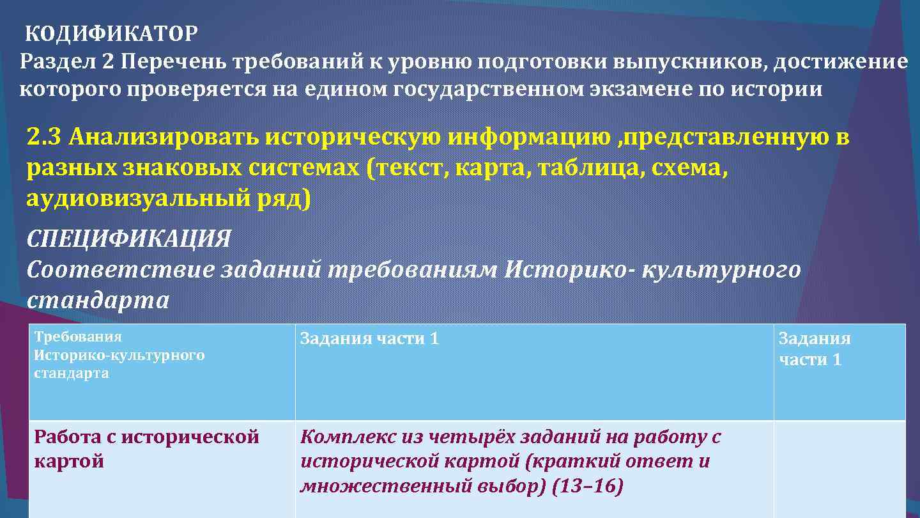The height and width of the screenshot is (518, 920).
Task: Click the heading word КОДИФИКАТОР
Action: [x=112, y=33]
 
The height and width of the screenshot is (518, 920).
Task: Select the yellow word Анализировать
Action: [x=164, y=137]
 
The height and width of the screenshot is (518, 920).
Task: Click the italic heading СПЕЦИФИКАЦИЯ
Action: [x=128, y=239]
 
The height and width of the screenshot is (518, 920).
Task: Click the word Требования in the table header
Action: [x=77, y=337]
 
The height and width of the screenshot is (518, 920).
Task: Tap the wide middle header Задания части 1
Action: [x=369, y=338]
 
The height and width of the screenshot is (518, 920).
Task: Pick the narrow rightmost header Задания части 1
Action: [x=814, y=349]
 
